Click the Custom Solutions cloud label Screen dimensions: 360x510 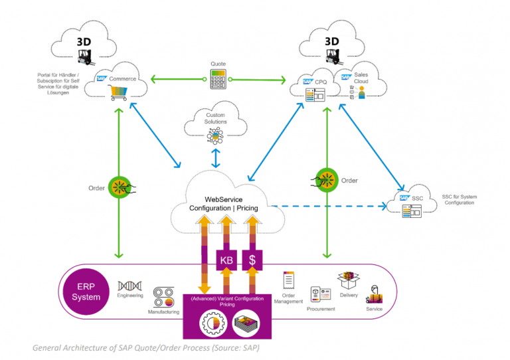coord(215,118)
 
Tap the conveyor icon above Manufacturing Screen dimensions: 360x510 coord(163,295)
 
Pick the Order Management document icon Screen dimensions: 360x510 coord(288,280)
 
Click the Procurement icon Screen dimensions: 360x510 coord(321,295)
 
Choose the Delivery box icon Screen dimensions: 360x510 coord(349,280)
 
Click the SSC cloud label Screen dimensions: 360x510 coord(417,198)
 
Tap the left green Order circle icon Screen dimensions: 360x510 coord(120,187)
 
